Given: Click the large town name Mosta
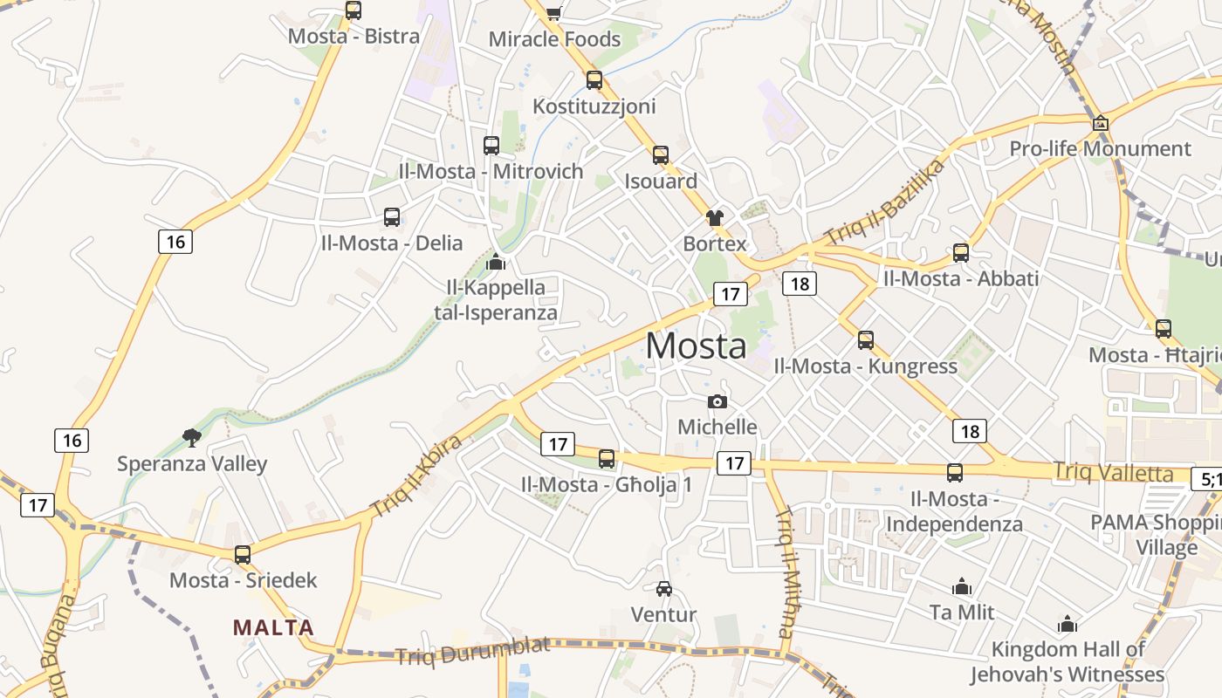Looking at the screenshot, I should point(696,346).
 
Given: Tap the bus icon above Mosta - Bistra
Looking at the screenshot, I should point(353,10).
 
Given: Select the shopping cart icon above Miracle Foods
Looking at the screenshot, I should point(553,12).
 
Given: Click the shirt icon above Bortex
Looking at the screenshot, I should point(715,217).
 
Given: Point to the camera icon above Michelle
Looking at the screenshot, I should point(717,401).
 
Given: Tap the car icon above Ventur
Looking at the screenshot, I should point(664,589).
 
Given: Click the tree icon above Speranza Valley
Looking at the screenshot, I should point(192,437).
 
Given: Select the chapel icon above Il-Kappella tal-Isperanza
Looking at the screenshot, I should point(496,261).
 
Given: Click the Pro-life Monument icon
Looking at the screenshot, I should point(1100,123).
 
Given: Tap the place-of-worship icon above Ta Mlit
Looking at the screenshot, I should point(962,586).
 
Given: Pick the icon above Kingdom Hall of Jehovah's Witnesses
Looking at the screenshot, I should point(1067,624).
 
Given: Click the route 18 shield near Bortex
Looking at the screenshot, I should point(799,283).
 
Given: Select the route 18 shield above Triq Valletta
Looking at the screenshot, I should point(970,431).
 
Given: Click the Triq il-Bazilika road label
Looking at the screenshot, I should point(885,202).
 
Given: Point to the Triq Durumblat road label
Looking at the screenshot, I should point(472,651).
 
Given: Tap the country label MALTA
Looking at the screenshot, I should point(273,627).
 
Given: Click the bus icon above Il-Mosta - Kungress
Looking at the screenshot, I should point(866,340).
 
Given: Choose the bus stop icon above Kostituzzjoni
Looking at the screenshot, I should point(594,80).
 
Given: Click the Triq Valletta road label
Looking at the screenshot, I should point(1113,473).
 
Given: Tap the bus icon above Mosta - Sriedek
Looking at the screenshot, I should point(243,555).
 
